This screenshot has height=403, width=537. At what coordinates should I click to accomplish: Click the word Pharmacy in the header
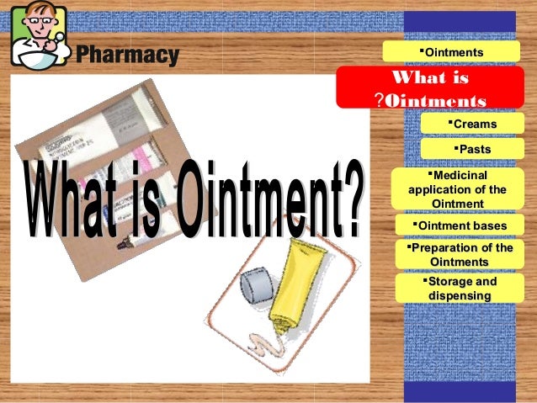pyautogui.click(x=128, y=56)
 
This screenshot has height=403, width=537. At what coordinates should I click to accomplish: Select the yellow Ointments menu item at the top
pyautogui.click(x=453, y=52)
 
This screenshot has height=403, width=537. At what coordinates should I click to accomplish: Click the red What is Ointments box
pyautogui.click(x=429, y=87)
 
